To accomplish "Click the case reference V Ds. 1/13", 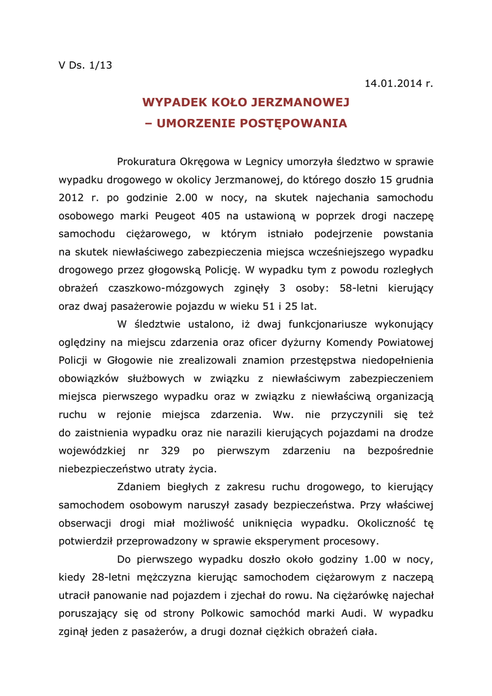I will pos(85,66).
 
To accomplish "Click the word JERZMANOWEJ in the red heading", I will pos(300,103).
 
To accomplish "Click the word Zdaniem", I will pos(139,487).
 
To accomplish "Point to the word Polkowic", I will pos(226,614).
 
